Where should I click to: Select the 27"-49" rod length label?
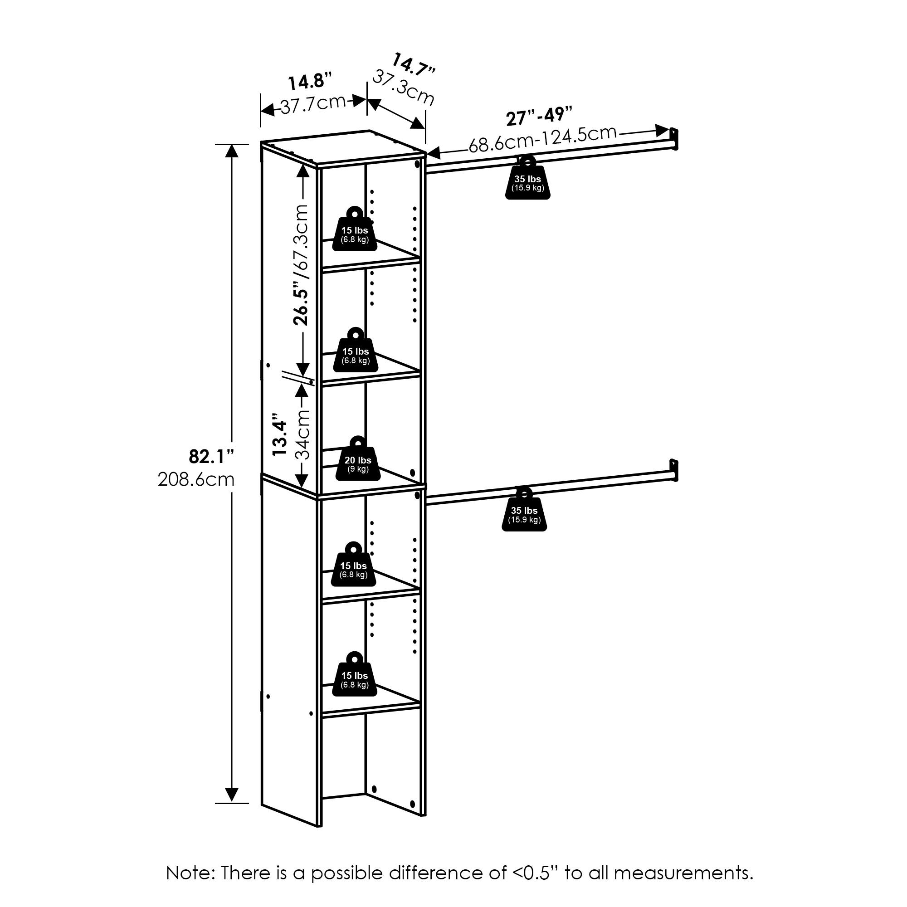coord(539,116)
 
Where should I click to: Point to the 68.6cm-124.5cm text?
coord(542,139)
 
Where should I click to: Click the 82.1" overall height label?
coord(211,456)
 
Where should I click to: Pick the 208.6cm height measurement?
coord(196,479)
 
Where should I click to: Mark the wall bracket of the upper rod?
coord(674,138)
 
